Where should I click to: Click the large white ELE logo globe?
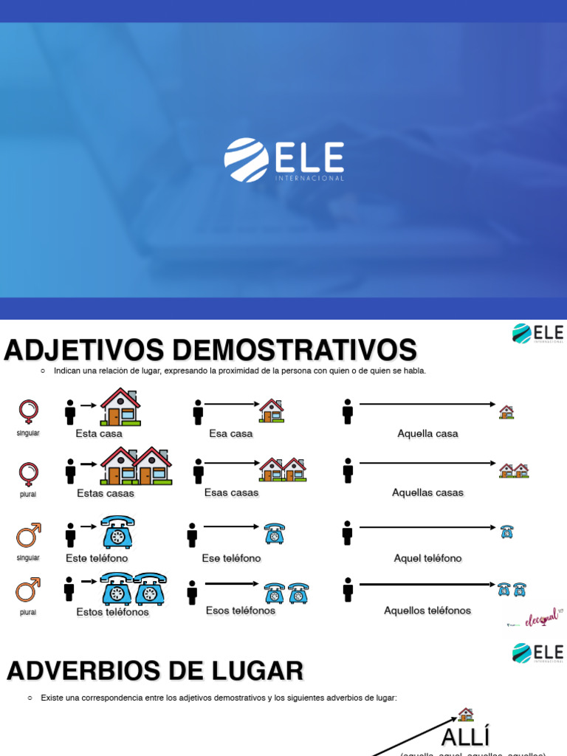(247, 159)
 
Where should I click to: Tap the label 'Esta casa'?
(99, 433)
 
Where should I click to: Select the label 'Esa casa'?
(231, 433)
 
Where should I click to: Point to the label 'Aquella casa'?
(427, 433)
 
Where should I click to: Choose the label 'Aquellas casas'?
(427, 492)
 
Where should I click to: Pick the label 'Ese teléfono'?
(231, 558)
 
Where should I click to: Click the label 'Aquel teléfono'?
(427, 558)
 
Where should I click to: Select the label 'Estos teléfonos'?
(112, 611)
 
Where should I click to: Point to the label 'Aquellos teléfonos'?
(427, 611)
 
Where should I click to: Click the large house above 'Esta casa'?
(120, 407)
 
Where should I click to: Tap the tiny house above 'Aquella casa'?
(506, 411)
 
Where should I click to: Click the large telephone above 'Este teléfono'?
(117, 532)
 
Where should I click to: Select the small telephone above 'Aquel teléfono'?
(506, 531)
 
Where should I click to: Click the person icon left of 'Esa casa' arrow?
(198, 412)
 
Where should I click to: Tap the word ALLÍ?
(466, 737)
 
